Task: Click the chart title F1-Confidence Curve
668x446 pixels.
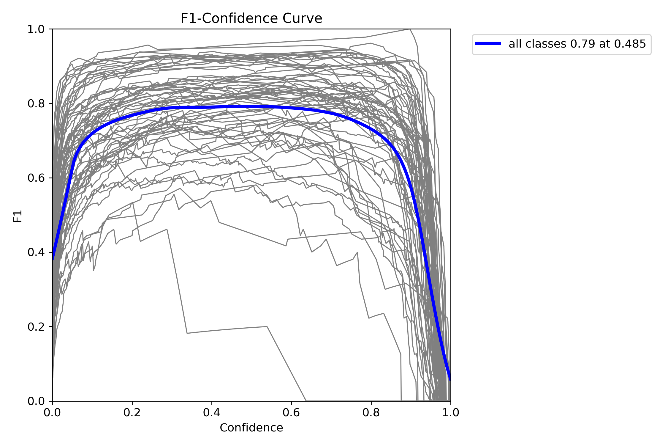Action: tap(251, 18)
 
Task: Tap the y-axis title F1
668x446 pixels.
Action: tap(18, 216)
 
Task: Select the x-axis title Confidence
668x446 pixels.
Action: tap(251, 428)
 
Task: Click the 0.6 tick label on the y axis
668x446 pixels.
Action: tap(36, 178)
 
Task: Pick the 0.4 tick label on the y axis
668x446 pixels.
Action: tap(36, 252)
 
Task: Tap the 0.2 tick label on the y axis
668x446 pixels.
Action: tap(36, 326)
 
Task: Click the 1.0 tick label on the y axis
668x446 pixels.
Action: tap(36, 29)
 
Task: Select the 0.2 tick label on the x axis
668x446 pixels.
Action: tap(132, 412)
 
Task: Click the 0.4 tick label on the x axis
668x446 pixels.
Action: tap(212, 412)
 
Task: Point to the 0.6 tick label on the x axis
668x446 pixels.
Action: tap(291, 412)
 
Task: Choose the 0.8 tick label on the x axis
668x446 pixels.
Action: tap(371, 412)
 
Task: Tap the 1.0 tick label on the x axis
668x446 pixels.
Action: tap(451, 412)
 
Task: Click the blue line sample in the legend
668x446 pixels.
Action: tap(488, 43)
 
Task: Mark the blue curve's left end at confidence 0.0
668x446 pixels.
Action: tap(53, 260)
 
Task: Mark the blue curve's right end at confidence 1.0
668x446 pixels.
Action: tap(450, 380)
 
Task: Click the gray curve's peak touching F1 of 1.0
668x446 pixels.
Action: tap(410, 29)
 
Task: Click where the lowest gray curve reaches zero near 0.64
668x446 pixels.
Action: tap(306, 401)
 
